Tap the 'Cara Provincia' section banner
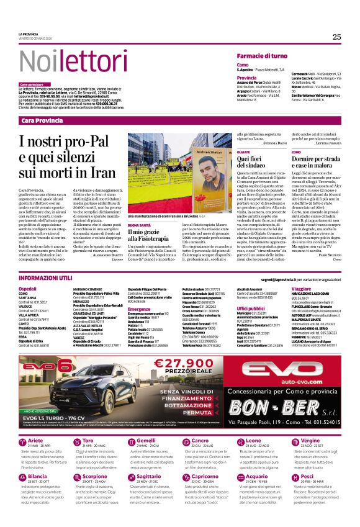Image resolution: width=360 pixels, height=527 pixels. coord(42,120)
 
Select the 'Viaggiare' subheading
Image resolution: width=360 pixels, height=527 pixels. coord(301,289)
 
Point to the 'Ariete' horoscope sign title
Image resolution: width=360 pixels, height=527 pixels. coord(36,440)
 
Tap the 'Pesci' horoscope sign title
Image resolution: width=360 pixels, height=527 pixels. coord(307,476)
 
